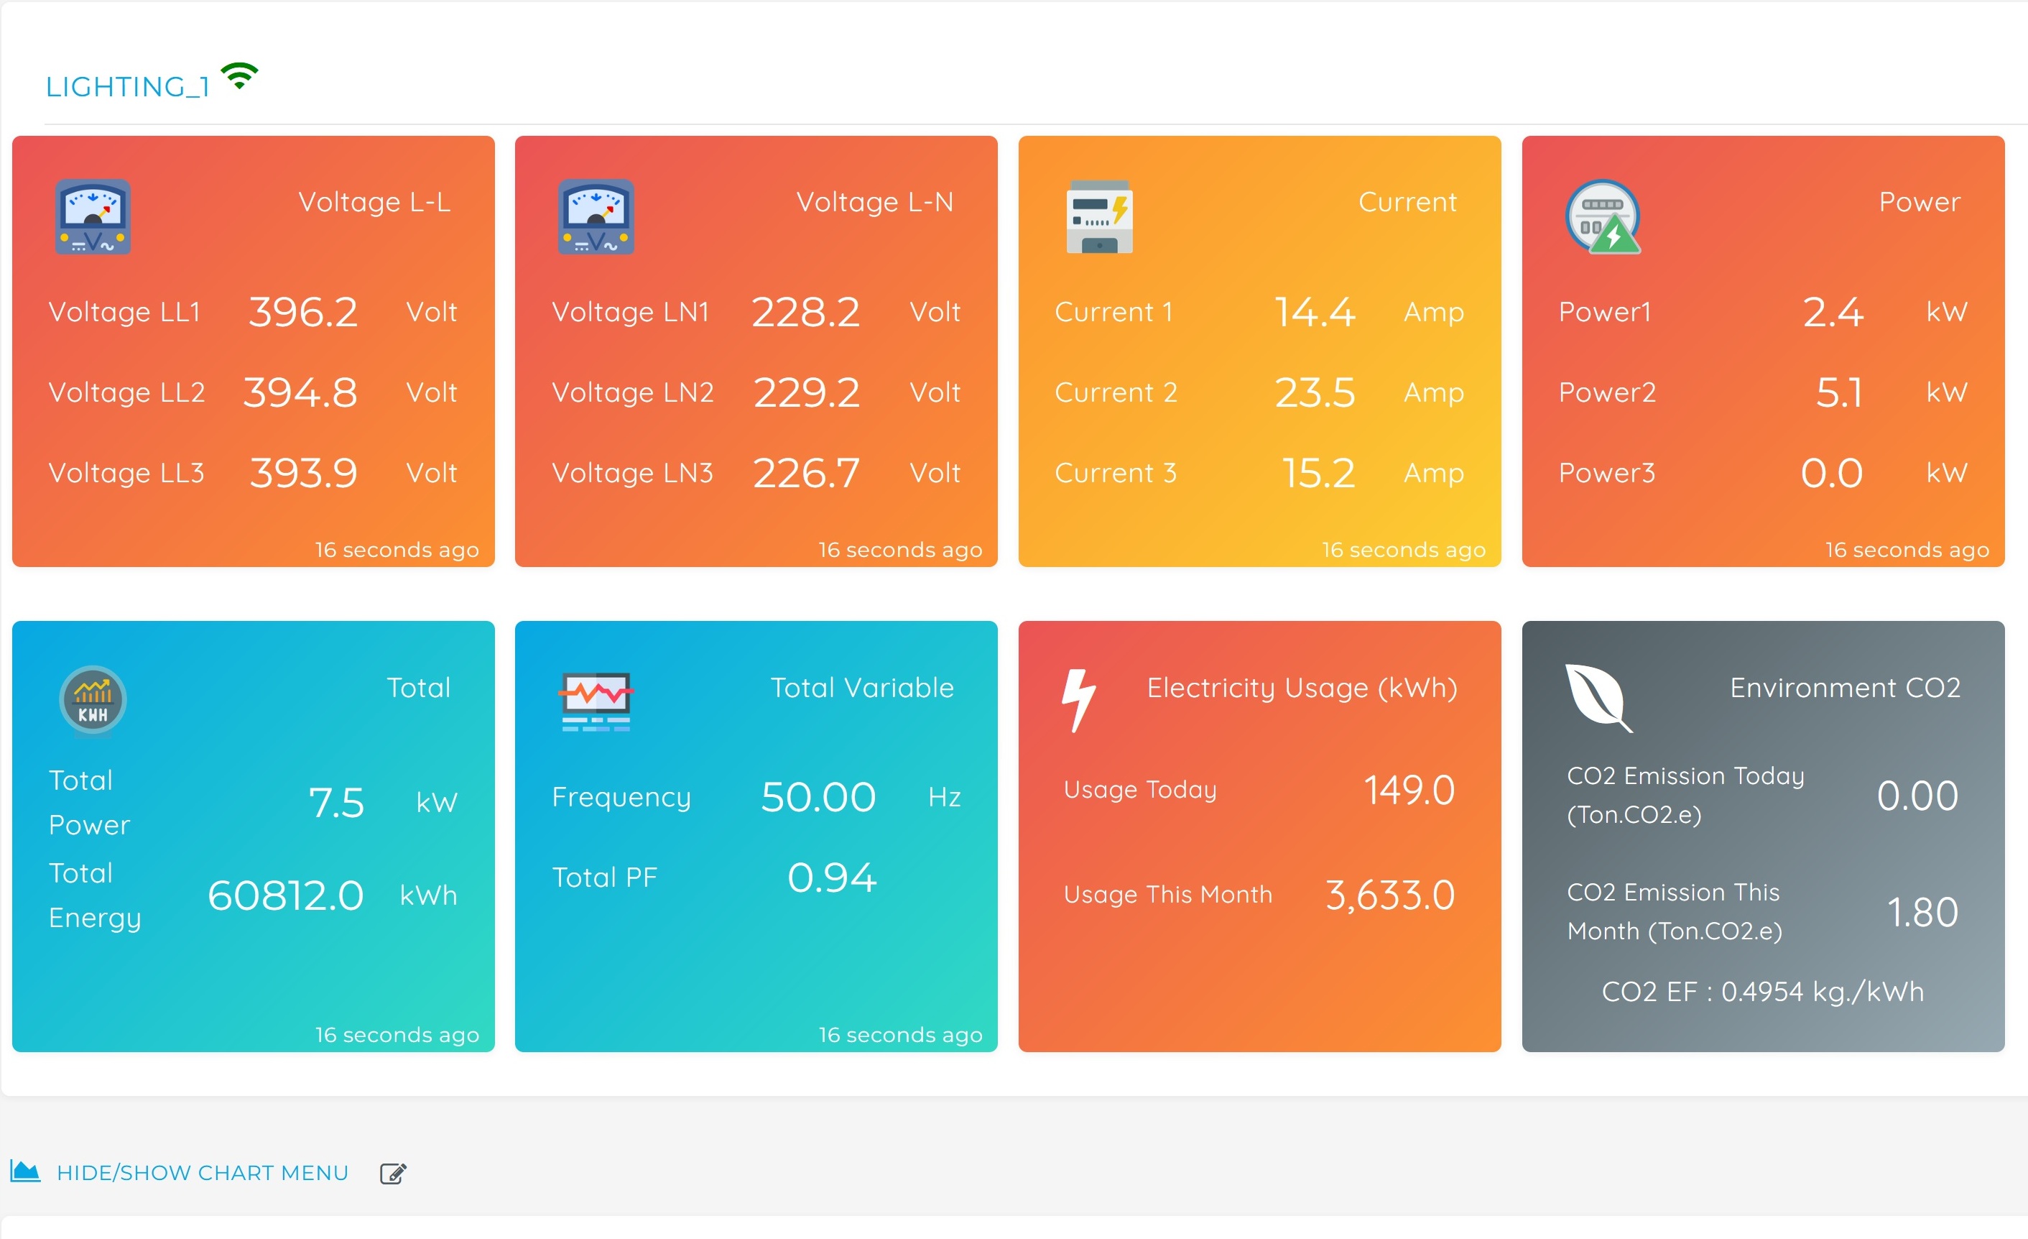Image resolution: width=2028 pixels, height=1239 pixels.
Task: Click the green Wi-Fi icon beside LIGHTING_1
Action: click(x=239, y=77)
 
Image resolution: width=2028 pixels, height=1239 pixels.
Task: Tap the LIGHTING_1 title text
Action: click(x=128, y=86)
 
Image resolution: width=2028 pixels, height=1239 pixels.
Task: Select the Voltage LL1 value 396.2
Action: click(x=303, y=312)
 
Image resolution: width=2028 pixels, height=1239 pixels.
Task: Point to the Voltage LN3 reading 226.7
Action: click(x=806, y=474)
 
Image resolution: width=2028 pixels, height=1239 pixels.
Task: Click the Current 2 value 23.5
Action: click(x=1315, y=392)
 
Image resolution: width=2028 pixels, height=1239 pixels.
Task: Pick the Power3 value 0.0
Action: click(x=1831, y=474)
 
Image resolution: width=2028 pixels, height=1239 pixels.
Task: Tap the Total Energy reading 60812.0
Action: click(x=286, y=895)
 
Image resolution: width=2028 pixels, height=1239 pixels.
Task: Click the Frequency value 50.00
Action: click(x=818, y=797)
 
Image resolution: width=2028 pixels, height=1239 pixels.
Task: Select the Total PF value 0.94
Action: click(x=831, y=877)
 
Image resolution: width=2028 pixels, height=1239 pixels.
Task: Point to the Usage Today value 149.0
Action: click(x=1409, y=791)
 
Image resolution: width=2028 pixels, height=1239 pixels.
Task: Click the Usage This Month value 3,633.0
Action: click(x=1390, y=895)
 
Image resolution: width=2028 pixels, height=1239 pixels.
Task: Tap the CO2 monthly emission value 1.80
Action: click(x=1922, y=912)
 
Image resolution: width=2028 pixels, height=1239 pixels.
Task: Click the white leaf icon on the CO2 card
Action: click(x=1598, y=697)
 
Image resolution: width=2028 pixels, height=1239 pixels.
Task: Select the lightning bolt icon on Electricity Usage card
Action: click(x=1078, y=700)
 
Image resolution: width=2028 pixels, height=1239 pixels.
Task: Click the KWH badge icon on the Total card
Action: click(x=93, y=701)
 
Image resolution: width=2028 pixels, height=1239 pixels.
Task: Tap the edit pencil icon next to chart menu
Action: click(x=392, y=1173)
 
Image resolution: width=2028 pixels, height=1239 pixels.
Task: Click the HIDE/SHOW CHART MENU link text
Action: click(x=203, y=1172)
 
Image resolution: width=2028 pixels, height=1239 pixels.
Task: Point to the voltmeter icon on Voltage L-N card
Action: click(x=596, y=217)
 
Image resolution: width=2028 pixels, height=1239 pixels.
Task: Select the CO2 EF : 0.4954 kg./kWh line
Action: click(x=1762, y=991)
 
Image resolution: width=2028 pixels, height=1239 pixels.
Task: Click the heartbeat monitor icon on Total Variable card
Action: click(x=596, y=701)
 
